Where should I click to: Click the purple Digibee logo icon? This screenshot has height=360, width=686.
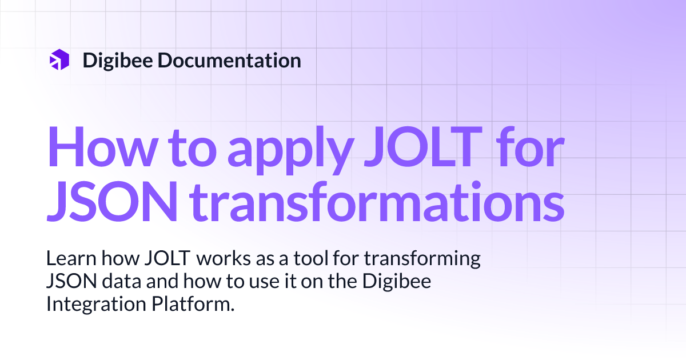[x=59, y=60]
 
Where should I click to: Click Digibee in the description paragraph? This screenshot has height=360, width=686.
[x=400, y=282]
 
